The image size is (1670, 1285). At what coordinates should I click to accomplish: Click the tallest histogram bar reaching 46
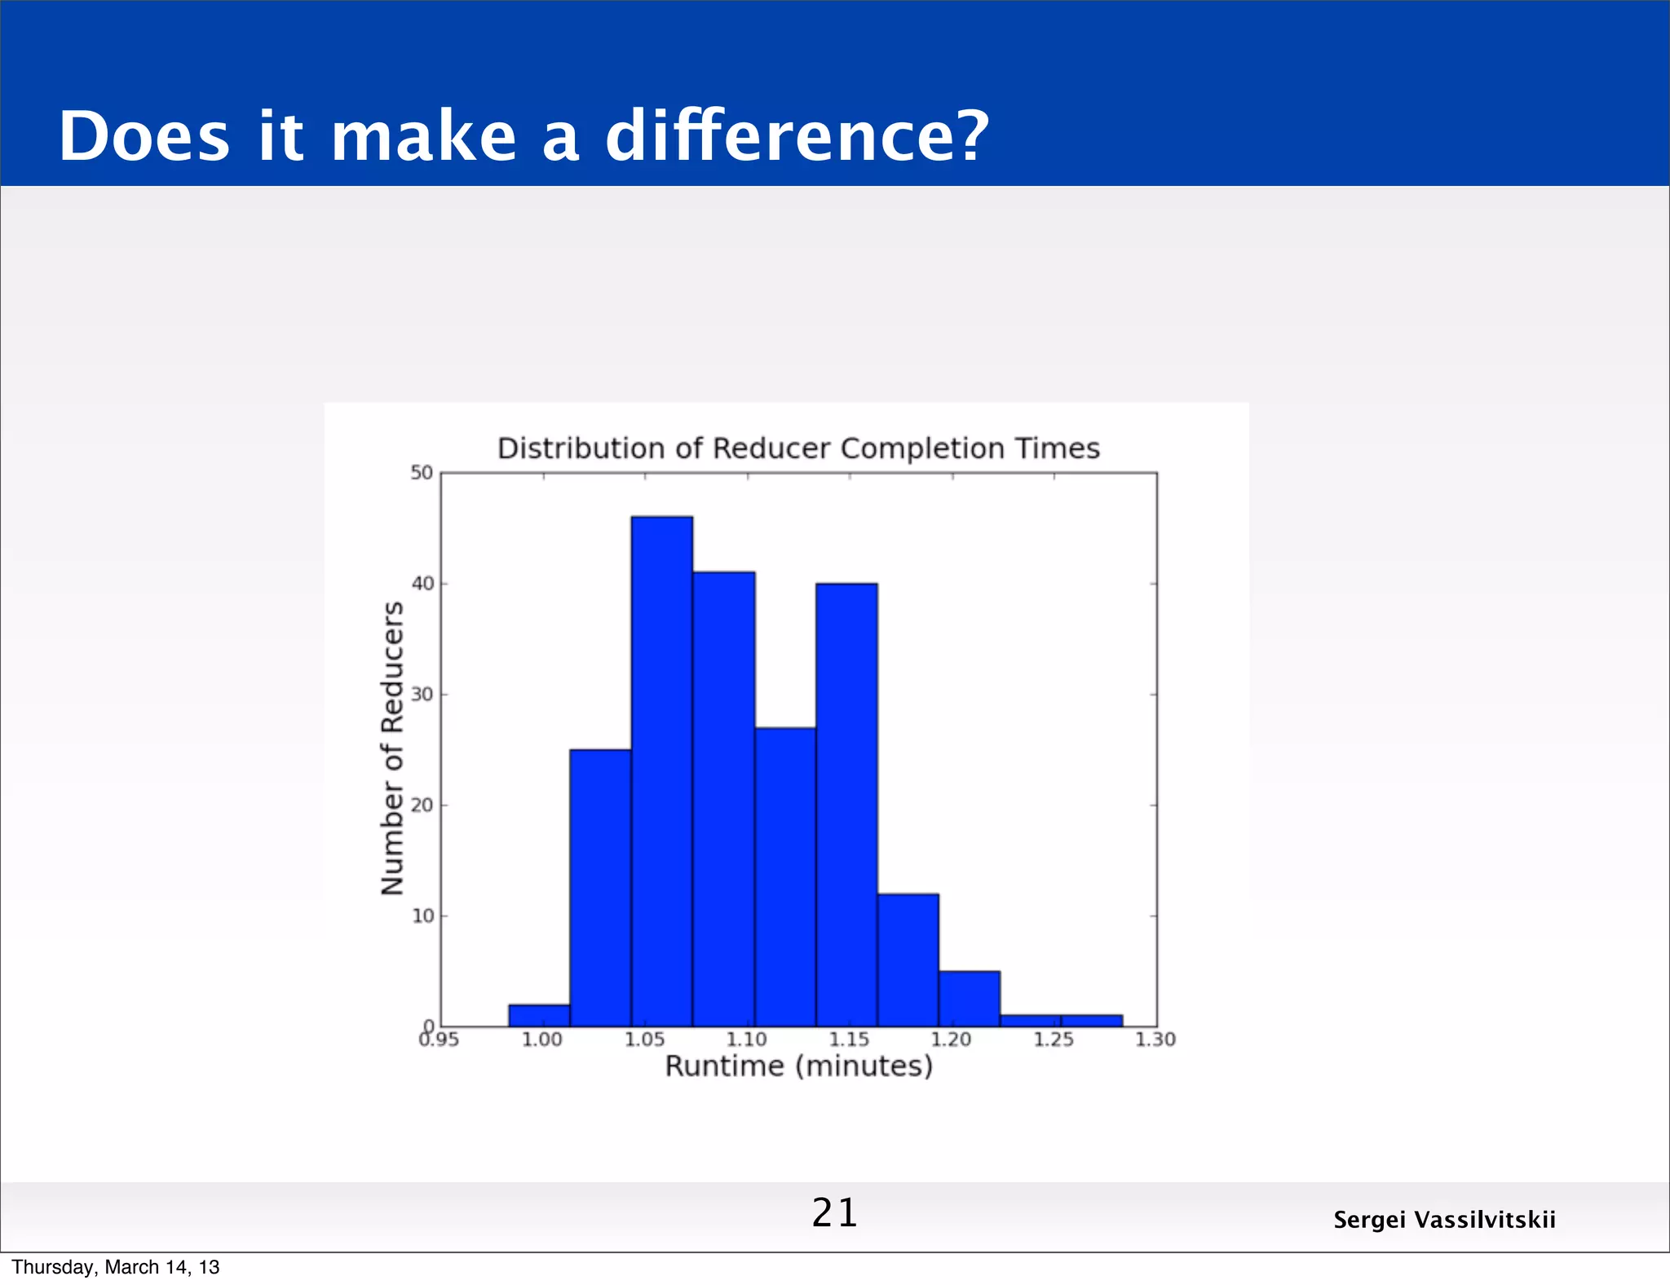click(x=661, y=771)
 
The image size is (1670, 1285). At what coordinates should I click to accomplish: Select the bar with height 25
click(x=600, y=887)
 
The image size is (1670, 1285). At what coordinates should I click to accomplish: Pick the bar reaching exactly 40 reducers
click(x=846, y=804)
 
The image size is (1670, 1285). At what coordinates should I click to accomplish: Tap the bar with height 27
click(x=785, y=877)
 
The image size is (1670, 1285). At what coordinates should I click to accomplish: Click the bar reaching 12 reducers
click(x=908, y=960)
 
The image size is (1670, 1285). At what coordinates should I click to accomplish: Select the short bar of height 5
click(x=969, y=999)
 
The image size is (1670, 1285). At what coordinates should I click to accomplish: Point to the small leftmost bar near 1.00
click(x=539, y=1015)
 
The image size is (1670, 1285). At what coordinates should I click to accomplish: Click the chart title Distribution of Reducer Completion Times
click(x=798, y=448)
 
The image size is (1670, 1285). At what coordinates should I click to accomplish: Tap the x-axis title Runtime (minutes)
click(x=798, y=1066)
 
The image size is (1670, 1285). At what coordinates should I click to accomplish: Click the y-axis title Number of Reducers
click(x=392, y=748)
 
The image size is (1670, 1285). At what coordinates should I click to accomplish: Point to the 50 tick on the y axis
click(x=422, y=473)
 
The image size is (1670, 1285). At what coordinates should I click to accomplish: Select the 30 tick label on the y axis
click(x=422, y=695)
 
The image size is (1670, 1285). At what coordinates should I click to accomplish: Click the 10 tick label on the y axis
click(x=422, y=916)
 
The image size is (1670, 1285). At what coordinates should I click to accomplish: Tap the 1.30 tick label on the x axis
click(x=1155, y=1040)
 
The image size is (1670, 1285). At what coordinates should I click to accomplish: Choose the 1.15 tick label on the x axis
click(x=849, y=1040)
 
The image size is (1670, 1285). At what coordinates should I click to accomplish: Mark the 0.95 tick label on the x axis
click(x=440, y=1040)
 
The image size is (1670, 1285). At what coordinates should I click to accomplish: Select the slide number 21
click(x=834, y=1212)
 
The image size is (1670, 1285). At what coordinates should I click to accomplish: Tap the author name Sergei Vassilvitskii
click(x=1444, y=1220)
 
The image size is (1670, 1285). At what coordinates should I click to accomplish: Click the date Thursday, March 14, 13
click(x=116, y=1267)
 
